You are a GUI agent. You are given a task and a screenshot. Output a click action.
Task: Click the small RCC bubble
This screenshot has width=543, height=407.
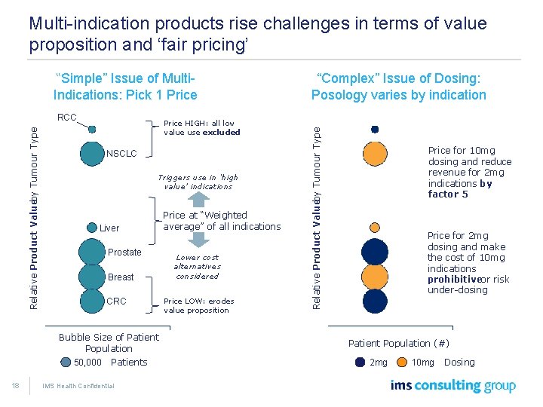click(x=92, y=128)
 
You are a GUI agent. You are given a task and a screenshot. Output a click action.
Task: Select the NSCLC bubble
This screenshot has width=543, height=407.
click(x=92, y=153)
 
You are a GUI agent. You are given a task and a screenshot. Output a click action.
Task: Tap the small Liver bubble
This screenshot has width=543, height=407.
click(x=93, y=227)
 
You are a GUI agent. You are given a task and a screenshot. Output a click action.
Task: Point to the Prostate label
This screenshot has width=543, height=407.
click(x=124, y=252)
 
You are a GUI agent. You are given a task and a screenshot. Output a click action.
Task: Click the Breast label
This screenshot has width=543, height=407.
click(x=121, y=277)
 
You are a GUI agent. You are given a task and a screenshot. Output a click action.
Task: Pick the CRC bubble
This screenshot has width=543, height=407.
click(x=92, y=301)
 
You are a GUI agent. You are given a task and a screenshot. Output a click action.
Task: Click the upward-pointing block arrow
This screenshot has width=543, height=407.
click(x=198, y=199)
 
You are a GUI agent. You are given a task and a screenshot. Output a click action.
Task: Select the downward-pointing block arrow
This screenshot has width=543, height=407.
click(x=198, y=238)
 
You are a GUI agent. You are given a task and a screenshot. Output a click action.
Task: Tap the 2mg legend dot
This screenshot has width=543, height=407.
click(x=355, y=362)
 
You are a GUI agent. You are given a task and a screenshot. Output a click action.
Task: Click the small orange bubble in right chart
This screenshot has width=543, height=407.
click(x=375, y=226)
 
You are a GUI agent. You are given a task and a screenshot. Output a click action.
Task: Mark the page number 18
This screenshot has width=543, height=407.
click(x=14, y=386)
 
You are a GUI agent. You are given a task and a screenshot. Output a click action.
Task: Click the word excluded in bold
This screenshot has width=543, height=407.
click(x=221, y=132)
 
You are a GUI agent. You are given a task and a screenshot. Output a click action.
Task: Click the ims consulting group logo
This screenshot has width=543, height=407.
click(x=452, y=386)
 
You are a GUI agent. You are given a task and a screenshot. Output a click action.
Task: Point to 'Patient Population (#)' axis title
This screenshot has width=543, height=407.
click(x=398, y=343)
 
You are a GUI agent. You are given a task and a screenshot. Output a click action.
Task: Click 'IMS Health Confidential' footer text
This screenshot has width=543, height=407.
click(x=78, y=386)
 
